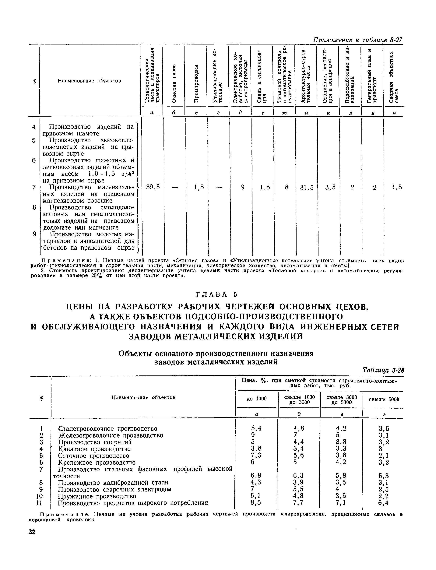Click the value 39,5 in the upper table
(153, 187)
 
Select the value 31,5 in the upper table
(307, 187)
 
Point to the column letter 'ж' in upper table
(284, 113)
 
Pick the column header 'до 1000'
(256, 398)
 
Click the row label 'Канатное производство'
(94, 449)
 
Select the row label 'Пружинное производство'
(97, 496)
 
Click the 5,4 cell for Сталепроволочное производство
(256, 428)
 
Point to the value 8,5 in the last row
(256, 503)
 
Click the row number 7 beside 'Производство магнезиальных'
(34, 187)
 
